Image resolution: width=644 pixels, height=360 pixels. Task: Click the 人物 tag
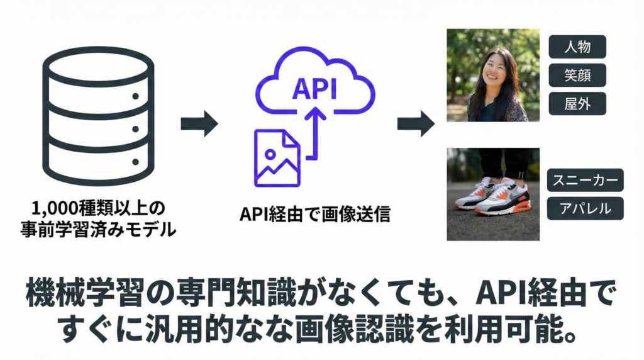(x=577, y=47)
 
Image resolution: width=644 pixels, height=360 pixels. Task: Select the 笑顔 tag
(x=577, y=75)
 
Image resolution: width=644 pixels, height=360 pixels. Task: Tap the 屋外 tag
(x=577, y=103)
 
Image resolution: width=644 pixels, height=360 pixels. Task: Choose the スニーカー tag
(x=585, y=181)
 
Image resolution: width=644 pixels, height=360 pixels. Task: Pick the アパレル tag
(x=585, y=208)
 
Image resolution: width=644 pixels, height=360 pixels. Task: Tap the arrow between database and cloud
(x=199, y=123)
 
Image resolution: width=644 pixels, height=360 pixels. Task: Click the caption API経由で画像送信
(x=315, y=214)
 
